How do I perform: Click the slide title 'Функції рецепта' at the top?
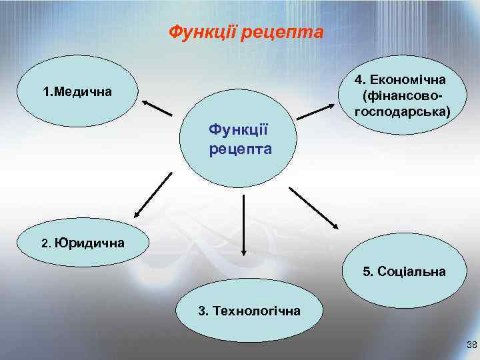[245, 32]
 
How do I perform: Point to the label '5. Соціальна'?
[404, 272]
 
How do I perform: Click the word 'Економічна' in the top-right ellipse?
[408, 80]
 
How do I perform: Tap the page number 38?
[472, 345]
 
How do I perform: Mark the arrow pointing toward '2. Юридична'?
[153, 195]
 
